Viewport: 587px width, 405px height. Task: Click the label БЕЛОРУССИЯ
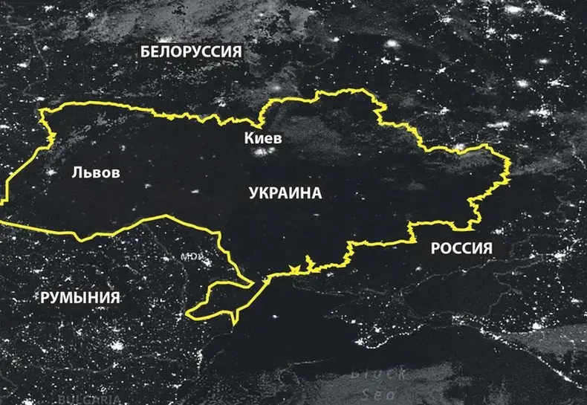[192, 51]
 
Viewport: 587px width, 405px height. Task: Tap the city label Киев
[263, 138]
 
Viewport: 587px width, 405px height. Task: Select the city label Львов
[95, 172]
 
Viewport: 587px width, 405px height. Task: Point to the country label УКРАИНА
[285, 193]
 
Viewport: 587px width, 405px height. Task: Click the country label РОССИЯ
[461, 248]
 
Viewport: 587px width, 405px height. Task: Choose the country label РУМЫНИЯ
[80, 298]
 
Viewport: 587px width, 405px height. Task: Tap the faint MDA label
[190, 257]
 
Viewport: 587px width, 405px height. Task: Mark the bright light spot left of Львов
[51, 172]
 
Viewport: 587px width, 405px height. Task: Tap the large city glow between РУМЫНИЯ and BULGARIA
[117, 346]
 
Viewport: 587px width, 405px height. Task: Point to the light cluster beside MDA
[205, 262]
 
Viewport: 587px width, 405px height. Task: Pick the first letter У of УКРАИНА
[254, 193]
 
